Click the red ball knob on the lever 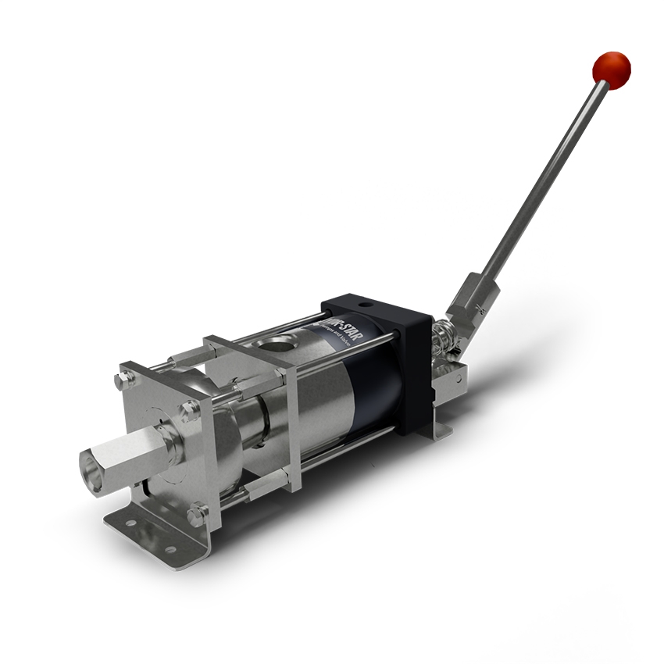tap(611, 68)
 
